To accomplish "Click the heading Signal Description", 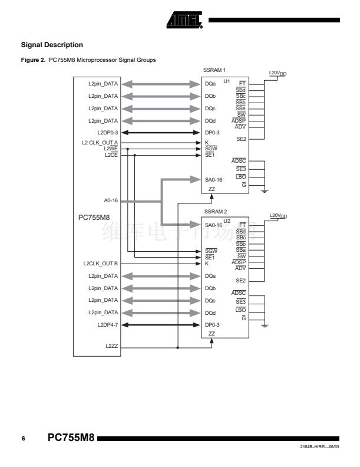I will (x=52, y=45).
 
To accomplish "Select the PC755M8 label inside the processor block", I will (x=94, y=218).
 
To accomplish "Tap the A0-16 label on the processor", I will (x=111, y=200).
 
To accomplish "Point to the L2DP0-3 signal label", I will (x=108, y=133).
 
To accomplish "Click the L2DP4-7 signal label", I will (x=108, y=325).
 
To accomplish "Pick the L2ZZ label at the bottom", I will (x=112, y=347).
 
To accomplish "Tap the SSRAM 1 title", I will (x=214, y=71).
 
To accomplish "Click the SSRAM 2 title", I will (x=214, y=211).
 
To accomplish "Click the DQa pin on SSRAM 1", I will (x=210, y=84).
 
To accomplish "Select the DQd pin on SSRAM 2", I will (x=210, y=313).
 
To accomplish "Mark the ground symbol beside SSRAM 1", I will (x=265, y=190).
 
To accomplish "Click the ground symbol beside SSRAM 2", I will (x=265, y=325).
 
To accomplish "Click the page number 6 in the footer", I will (x=23, y=439).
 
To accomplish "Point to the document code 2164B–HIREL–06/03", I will (x=320, y=449).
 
